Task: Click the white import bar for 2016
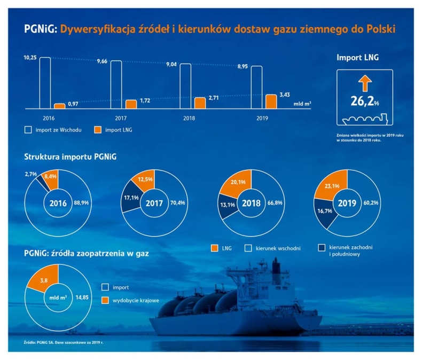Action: pyautogui.click(x=45, y=83)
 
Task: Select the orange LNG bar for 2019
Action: pyautogui.click(x=271, y=101)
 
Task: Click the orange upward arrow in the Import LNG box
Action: pyautogui.click(x=365, y=84)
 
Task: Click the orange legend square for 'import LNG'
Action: pyautogui.click(x=97, y=129)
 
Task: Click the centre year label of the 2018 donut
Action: pyautogui.click(x=251, y=204)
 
